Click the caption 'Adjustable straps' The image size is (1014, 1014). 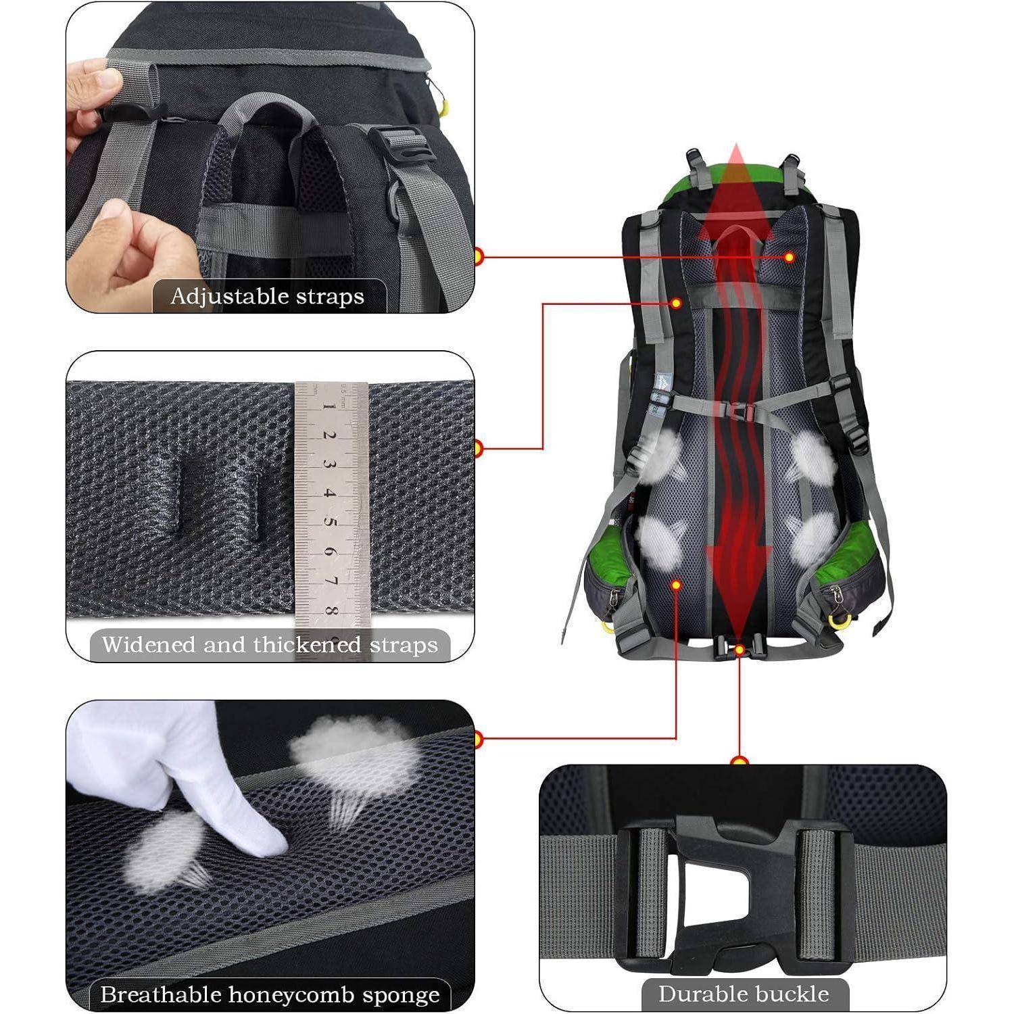point(268,297)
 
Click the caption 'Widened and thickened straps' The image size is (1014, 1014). point(270,645)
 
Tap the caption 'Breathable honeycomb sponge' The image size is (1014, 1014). point(270,994)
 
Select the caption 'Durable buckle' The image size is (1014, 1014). point(744,994)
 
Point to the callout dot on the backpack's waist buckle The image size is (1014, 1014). point(740,649)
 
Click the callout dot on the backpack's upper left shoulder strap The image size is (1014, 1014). point(675,304)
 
